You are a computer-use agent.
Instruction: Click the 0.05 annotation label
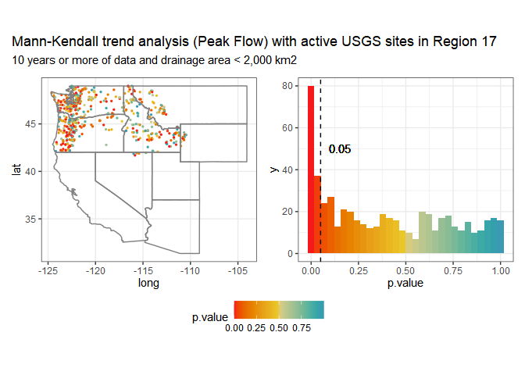[x=340, y=149]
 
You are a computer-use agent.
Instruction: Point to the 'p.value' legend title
[x=210, y=317]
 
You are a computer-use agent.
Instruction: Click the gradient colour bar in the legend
[x=279, y=310]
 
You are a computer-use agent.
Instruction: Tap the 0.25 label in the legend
[x=256, y=329]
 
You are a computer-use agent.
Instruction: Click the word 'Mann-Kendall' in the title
[x=46, y=41]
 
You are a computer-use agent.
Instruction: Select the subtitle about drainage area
[x=153, y=59]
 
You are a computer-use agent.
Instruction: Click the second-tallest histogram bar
[x=317, y=215]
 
